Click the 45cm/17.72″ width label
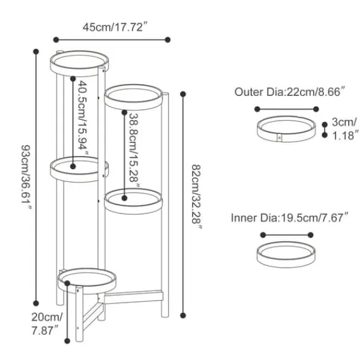pyautogui.click(x=115, y=27)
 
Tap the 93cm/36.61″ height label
pyautogui.click(x=26, y=177)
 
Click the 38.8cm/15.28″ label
pyautogui.click(x=134, y=150)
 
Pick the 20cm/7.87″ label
pyautogui.click(x=47, y=324)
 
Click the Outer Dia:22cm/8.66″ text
pyautogui.click(x=290, y=92)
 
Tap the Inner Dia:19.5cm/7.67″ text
pyautogui.click(x=290, y=217)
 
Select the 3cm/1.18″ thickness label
pyautogui.click(x=345, y=129)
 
